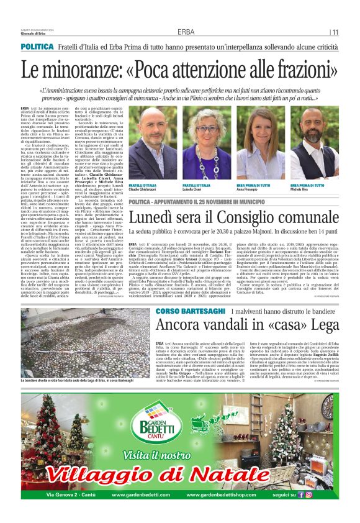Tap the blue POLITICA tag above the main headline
(37, 47)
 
